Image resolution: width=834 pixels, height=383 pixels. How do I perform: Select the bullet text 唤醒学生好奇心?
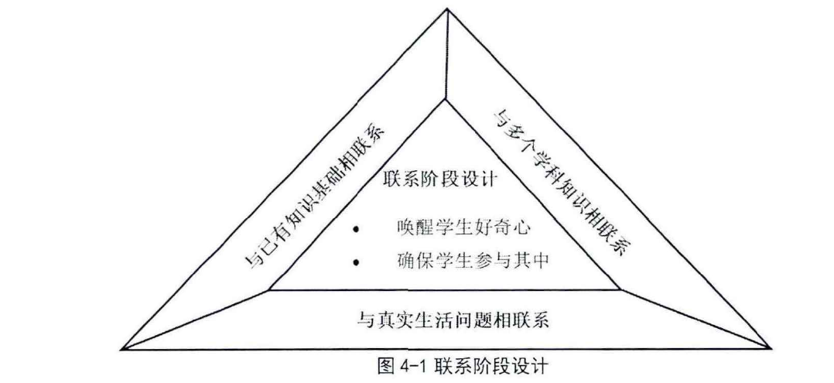(x=449, y=228)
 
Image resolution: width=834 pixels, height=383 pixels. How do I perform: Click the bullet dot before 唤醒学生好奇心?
(x=357, y=230)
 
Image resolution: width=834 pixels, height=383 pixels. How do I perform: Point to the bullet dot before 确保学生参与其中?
(x=357, y=263)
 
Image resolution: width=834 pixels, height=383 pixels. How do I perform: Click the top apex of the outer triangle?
(x=446, y=9)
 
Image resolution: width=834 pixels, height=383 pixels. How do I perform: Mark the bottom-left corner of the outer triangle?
(x=123, y=347)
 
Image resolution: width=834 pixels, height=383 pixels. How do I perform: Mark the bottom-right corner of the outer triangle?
(x=769, y=347)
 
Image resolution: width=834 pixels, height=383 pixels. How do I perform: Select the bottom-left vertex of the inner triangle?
(x=268, y=291)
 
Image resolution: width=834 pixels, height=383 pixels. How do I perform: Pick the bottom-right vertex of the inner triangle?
(x=620, y=291)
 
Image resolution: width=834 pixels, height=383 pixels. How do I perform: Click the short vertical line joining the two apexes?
(x=446, y=54)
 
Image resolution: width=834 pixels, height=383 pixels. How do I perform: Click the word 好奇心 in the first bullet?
(x=486, y=228)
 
